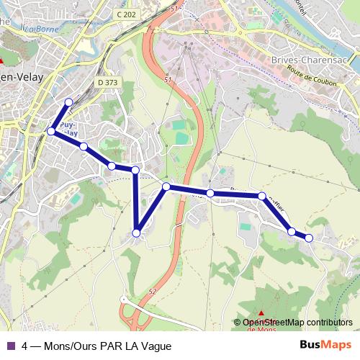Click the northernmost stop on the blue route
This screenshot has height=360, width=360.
pyautogui.click(x=68, y=102)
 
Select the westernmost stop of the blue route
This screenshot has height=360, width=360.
pyautogui.click(x=51, y=132)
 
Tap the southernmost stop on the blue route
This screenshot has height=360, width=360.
pyautogui.click(x=137, y=233)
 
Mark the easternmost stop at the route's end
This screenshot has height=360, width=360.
pyautogui.click(x=309, y=238)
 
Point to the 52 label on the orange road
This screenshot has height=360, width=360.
pyautogui.click(x=153, y=292)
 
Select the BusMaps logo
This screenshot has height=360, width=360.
pyautogui.click(x=325, y=345)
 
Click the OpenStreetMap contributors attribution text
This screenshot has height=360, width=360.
pyautogui.click(x=297, y=323)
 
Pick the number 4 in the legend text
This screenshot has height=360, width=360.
pyautogui.click(x=25, y=346)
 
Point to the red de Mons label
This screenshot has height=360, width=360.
pyautogui.click(x=261, y=329)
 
